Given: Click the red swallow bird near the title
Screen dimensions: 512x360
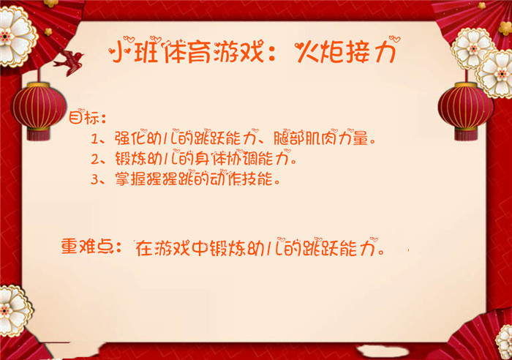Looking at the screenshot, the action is tap(69, 62).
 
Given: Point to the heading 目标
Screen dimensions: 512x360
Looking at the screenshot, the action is tap(83, 117).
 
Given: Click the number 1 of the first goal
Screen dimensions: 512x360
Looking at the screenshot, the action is tap(94, 140).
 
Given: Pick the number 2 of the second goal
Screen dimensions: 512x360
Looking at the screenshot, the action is tap(95, 160).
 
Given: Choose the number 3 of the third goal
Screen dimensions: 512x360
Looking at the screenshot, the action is tap(94, 179).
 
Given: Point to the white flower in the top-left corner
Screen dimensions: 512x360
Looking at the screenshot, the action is tap(16, 37).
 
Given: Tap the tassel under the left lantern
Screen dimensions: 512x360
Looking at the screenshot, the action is tap(39, 135).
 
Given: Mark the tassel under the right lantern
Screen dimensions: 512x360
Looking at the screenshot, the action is tap(466, 135).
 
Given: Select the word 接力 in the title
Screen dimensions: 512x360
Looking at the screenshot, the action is tap(371, 52).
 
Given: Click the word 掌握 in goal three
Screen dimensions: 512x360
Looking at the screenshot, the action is tap(130, 179).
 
